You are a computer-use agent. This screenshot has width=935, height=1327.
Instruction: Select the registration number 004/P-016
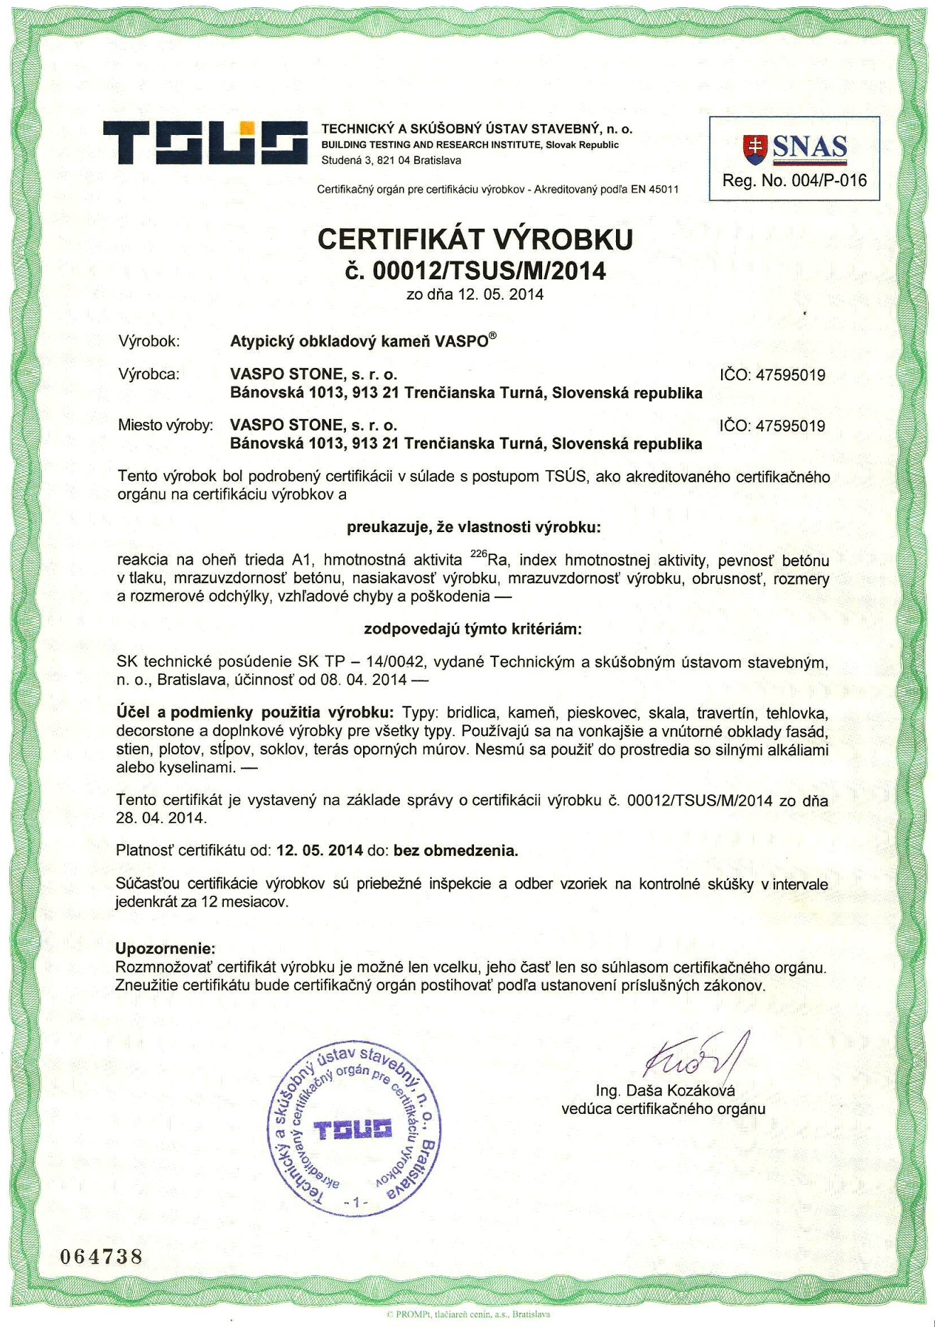tap(828, 181)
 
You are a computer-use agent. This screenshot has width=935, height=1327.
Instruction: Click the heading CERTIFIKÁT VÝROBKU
tap(475, 239)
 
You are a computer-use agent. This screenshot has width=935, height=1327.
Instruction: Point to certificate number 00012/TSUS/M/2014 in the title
tap(489, 271)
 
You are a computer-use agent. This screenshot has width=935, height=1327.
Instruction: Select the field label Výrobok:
tap(149, 342)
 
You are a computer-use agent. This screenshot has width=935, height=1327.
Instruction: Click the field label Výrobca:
tap(149, 374)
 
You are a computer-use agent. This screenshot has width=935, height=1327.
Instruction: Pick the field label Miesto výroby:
tap(166, 426)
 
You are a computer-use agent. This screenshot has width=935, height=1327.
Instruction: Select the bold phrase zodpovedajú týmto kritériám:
tap(472, 629)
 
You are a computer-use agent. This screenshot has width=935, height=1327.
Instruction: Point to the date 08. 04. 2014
tap(364, 680)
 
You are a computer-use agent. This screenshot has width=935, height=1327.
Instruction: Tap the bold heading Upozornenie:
tap(165, 948)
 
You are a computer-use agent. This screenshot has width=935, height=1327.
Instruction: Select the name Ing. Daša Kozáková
tap(665, 1090)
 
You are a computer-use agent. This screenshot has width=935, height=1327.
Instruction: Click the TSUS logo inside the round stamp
tap(353, 1130)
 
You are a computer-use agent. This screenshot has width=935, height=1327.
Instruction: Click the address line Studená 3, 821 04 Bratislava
tap(391, 161)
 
